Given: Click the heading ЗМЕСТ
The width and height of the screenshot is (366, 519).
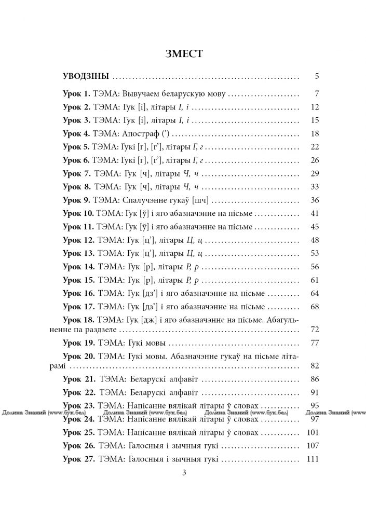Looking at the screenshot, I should (x=183, y=53).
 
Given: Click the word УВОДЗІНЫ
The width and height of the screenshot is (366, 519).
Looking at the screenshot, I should (x=86, y=76).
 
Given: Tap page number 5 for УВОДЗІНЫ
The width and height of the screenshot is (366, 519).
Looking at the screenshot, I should (x=316, y=76).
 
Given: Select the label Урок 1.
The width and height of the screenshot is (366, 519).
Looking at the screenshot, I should (x=76, y=94).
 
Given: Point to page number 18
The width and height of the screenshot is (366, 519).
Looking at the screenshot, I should (x=314, y=133).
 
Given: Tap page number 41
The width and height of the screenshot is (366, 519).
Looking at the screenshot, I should (x=314, y=213).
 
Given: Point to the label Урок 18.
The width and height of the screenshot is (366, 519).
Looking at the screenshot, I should (x=78, y=320).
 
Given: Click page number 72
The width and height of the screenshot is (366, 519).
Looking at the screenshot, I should (x=314, y=330).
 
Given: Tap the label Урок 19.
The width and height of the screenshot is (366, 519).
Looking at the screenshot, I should (x=78, y=343).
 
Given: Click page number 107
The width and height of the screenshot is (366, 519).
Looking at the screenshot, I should (x=312, y=445).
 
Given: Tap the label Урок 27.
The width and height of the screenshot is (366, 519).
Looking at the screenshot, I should (x=78, y=459).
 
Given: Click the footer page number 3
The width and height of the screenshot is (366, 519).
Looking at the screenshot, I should (x=183, y=472).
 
